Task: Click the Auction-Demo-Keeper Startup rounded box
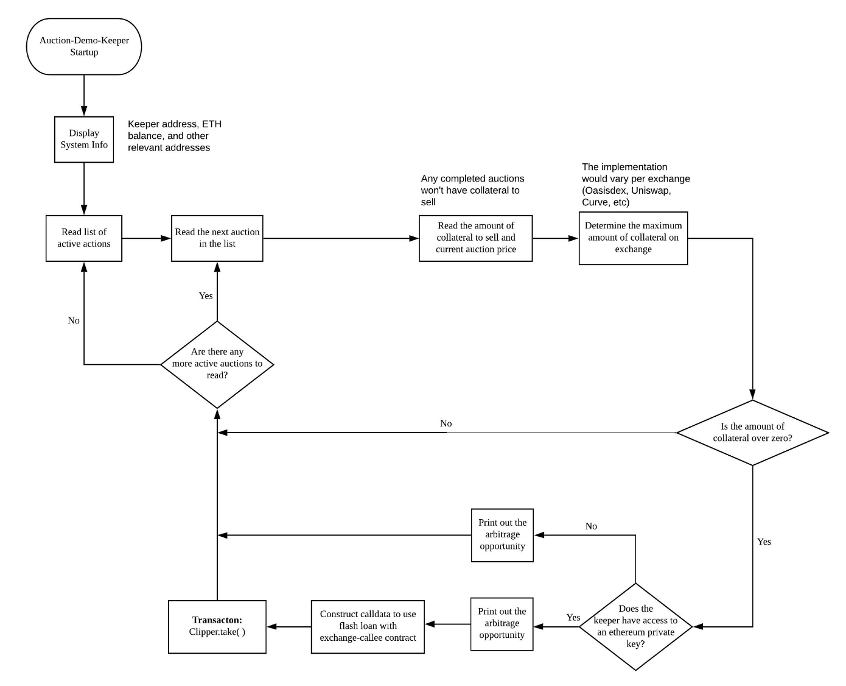[x=84, y=46]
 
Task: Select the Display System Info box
[x=84, y=140]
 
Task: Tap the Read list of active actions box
[x=84, y=238]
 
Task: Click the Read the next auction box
[x=217, y=238]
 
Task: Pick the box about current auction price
[x=475, y=238]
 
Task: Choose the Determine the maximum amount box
[x=633, y=238]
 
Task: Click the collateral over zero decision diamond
[x=752, y=433]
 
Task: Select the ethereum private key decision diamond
[x=635, y=626]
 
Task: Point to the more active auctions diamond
[x=217, y=364]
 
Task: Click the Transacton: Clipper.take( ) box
[x=217, y=626]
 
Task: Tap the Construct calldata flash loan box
[x=368, y=626]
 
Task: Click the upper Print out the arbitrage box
[x=502, y=535]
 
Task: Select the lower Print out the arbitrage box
[x=502, y=624]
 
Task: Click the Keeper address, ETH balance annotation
[x=175, y=136]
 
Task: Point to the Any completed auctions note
[x=472, y=190]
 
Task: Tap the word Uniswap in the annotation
[x=651, y=191]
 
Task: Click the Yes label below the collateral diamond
[x=764, y=542]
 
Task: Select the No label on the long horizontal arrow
[x=446, y=423]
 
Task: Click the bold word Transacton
[x=217, y=620]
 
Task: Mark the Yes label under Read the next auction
[x=206, y=295]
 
